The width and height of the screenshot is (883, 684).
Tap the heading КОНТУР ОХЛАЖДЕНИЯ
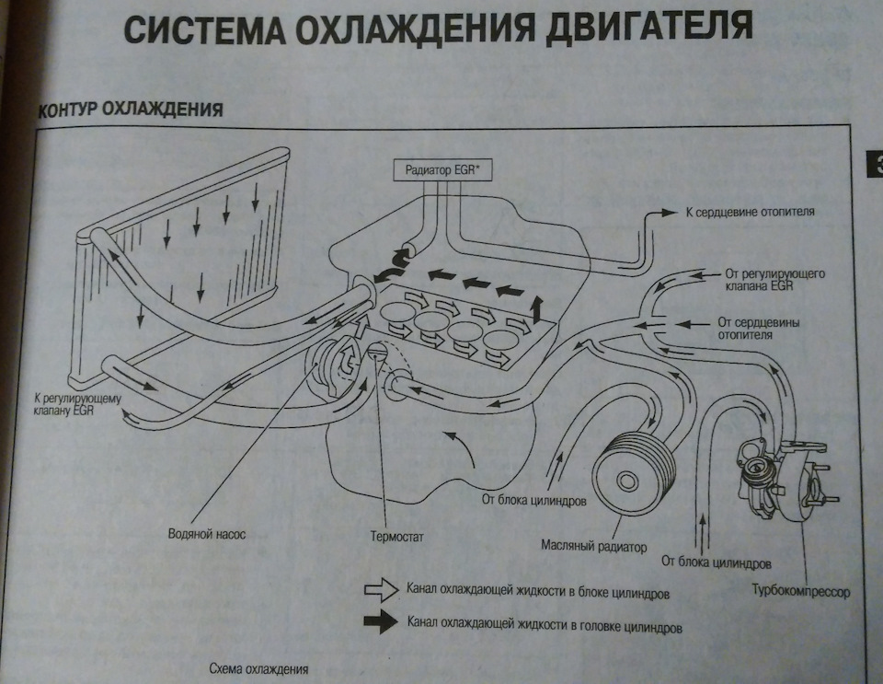point(131,110)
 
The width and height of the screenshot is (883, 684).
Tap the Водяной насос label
point(208,533)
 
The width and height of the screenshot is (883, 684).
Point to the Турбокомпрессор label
point(798,589)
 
